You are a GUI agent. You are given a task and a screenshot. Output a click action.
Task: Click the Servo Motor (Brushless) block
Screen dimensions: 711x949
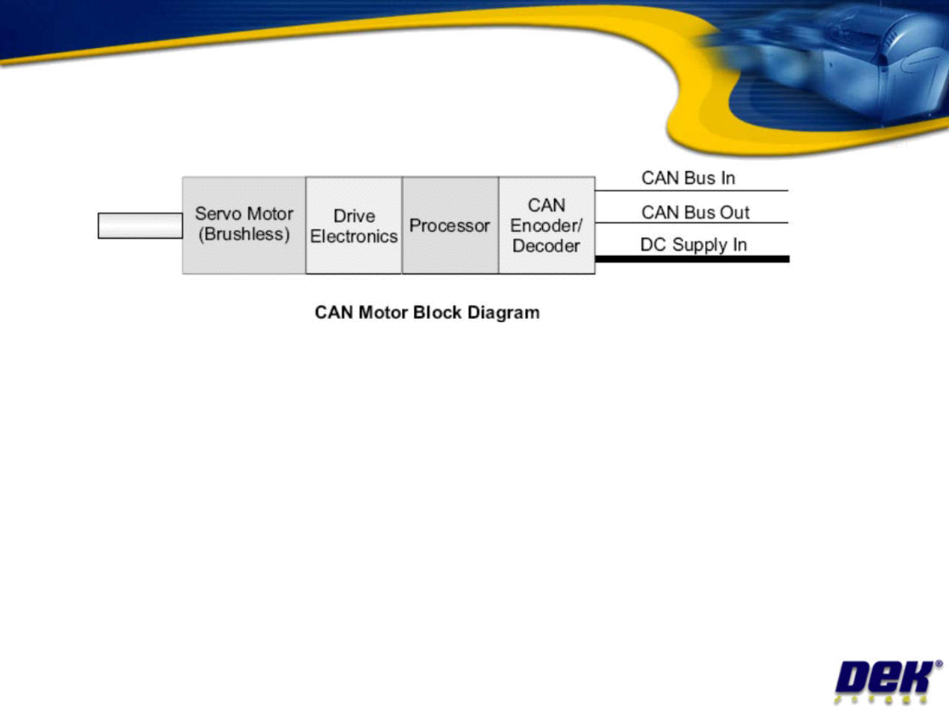244,225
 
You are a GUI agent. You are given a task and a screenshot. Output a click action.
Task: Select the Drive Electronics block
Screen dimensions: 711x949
354,225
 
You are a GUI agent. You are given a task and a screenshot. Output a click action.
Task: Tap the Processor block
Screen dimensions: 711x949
450,225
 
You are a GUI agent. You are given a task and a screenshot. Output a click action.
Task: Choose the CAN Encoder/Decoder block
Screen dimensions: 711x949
546,225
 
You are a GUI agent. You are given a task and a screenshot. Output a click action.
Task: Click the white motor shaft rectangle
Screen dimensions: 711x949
140,225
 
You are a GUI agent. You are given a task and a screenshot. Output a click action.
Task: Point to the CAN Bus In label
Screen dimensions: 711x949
688,178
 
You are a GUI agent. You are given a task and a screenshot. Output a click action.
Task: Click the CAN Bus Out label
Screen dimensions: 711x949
695,212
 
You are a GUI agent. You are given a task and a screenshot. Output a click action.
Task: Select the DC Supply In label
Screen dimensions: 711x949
693,244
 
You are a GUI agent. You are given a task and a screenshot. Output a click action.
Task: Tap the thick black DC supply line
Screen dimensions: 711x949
692,259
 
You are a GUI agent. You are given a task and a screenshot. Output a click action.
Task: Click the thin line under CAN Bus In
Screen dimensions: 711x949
692,191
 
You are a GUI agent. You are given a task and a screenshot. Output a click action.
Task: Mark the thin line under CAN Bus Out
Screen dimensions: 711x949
692,223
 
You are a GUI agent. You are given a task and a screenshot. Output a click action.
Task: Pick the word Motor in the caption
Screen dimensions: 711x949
384,312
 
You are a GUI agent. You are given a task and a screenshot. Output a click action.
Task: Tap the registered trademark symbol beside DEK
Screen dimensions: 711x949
938,664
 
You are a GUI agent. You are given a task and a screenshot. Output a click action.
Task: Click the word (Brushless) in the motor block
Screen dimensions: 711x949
244,235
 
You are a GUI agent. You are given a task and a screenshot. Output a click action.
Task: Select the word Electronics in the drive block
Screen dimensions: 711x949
354,237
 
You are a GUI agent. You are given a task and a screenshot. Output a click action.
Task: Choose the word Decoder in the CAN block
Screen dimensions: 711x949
546,246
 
